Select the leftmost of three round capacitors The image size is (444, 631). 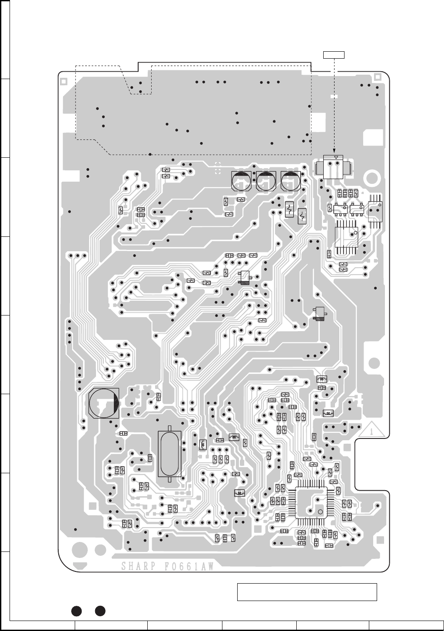[241, 180]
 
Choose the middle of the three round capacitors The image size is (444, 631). [266, 180]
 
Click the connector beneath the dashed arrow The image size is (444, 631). [334, 167]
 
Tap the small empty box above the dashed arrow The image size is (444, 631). [334, 54]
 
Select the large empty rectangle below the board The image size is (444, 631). [307, 592]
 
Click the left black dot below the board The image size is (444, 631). [77, 611]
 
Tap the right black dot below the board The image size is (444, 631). [101, 611]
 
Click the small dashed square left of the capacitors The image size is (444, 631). [218, 167]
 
